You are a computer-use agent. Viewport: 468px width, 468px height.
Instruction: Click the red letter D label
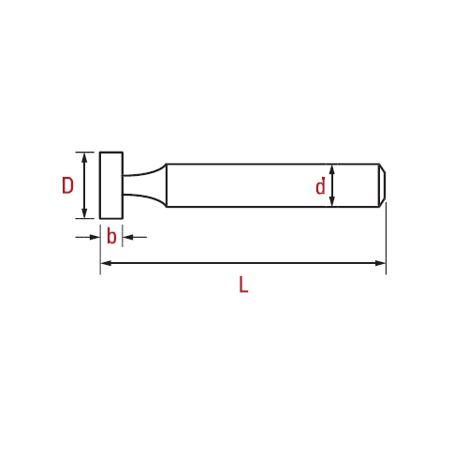click(x=67, y=185)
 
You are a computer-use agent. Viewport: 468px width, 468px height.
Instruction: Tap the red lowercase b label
click(x=111, y=236)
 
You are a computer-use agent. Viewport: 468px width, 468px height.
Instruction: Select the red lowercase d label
click(x=320, y=186)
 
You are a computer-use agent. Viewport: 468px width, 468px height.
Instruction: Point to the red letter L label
click(x=243, y=285)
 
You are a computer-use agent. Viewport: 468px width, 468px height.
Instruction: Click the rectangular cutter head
click(x=111, y=185)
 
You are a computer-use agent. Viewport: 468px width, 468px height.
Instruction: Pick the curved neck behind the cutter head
click(x=144, y=185)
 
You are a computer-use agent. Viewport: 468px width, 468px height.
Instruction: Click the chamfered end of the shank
click(x=382, y=185)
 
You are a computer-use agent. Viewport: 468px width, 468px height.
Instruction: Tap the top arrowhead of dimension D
click(x=84, y=157)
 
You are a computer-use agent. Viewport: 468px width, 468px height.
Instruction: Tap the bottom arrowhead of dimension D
click(x=84, y=213)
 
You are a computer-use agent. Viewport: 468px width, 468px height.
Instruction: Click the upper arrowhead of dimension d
click(x=332, y=169)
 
